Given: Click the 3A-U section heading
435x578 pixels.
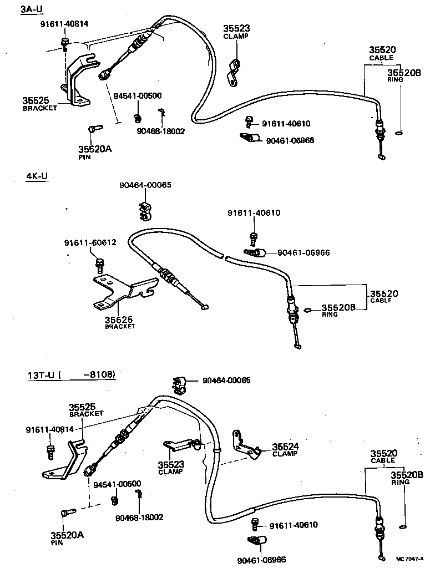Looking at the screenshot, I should [x=32, y=10].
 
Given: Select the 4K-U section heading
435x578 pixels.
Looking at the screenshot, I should [x=37, y=176].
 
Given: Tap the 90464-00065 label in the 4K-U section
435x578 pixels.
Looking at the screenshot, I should [x=146, y=185].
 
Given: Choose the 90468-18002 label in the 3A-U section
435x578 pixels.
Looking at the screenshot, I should [x=160, y=131].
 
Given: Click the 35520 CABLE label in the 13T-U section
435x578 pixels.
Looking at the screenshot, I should [x=382, y=456].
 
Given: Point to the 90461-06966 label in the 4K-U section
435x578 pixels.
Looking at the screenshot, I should [x=304, y=253].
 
